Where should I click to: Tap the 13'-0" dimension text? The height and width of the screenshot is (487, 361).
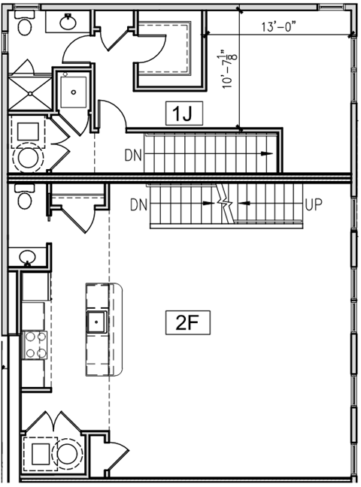tap(279, 27)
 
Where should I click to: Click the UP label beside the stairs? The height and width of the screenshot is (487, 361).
tap(314, 204)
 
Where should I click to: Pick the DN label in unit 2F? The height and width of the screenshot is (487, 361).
tap(138, 204)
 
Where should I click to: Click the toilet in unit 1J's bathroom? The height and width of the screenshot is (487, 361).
tap(23, 26)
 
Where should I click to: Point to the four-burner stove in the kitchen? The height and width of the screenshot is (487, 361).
tap(34, 345)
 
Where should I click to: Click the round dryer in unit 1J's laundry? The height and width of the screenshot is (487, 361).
tap(30, 158)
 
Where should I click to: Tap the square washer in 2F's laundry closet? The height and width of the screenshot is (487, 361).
tap(37, 453)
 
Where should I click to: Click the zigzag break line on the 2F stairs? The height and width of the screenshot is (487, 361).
tap(223, 204)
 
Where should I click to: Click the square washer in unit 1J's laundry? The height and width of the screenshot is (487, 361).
tap(29, 131)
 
